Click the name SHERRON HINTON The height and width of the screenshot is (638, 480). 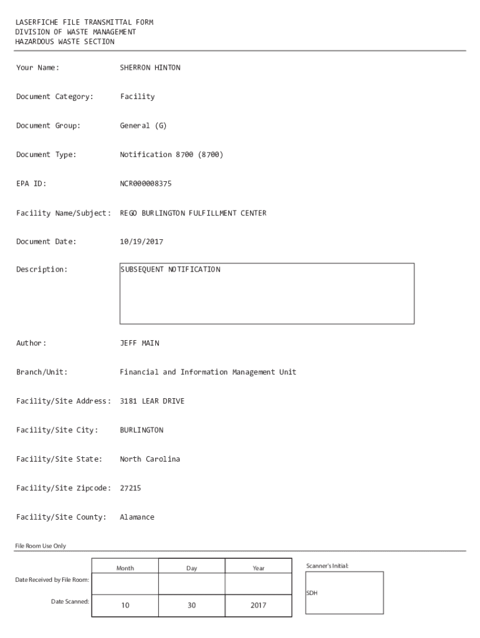click(150, 67)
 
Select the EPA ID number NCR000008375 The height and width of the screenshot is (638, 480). click(145, 184)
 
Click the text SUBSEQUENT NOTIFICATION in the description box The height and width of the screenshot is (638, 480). click(170, 270)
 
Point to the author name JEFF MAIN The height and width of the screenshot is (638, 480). click(139, 343)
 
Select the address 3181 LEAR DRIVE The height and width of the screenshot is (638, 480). click(151, 401)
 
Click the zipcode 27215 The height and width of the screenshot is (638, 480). click(130, 488)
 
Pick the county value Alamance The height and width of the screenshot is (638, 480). click(137, 517)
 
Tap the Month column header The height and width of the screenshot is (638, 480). click(125, 568)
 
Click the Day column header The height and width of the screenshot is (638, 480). click(191, 568)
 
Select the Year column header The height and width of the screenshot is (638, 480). click(258, 568)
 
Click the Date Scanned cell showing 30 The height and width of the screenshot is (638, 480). click(191, 605)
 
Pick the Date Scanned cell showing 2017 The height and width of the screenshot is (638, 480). click(258, 605)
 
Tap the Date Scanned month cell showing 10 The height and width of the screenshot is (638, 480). click(125, 605)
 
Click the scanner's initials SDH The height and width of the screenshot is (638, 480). click(312, 593)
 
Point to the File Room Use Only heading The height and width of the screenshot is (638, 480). click(41, 546)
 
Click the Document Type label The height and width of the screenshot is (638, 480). click(46, 155)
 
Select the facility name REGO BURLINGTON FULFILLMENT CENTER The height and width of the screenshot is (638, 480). click(193, 213)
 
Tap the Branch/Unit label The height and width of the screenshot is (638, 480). click(42, 373)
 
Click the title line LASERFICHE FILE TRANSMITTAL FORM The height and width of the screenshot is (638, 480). click(84, 22)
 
